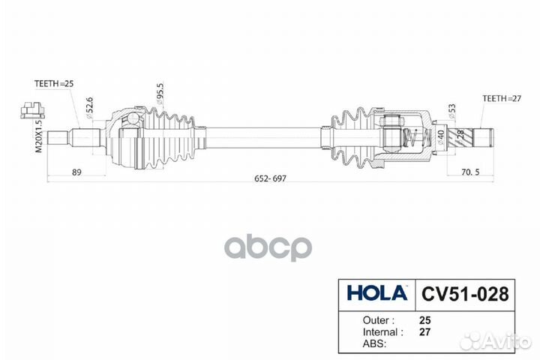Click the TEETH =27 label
pyautogui.click(x=501, y=97)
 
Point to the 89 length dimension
pyautogui.click(x=76, y=172)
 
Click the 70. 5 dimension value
pyautogui.click(x=470, y=172)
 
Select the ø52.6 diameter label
pyautogui.click(x=91, y=106)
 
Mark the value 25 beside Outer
pyautogui.click(x=425, y=318)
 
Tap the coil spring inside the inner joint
pyautogui.click(x=410, y=139)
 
